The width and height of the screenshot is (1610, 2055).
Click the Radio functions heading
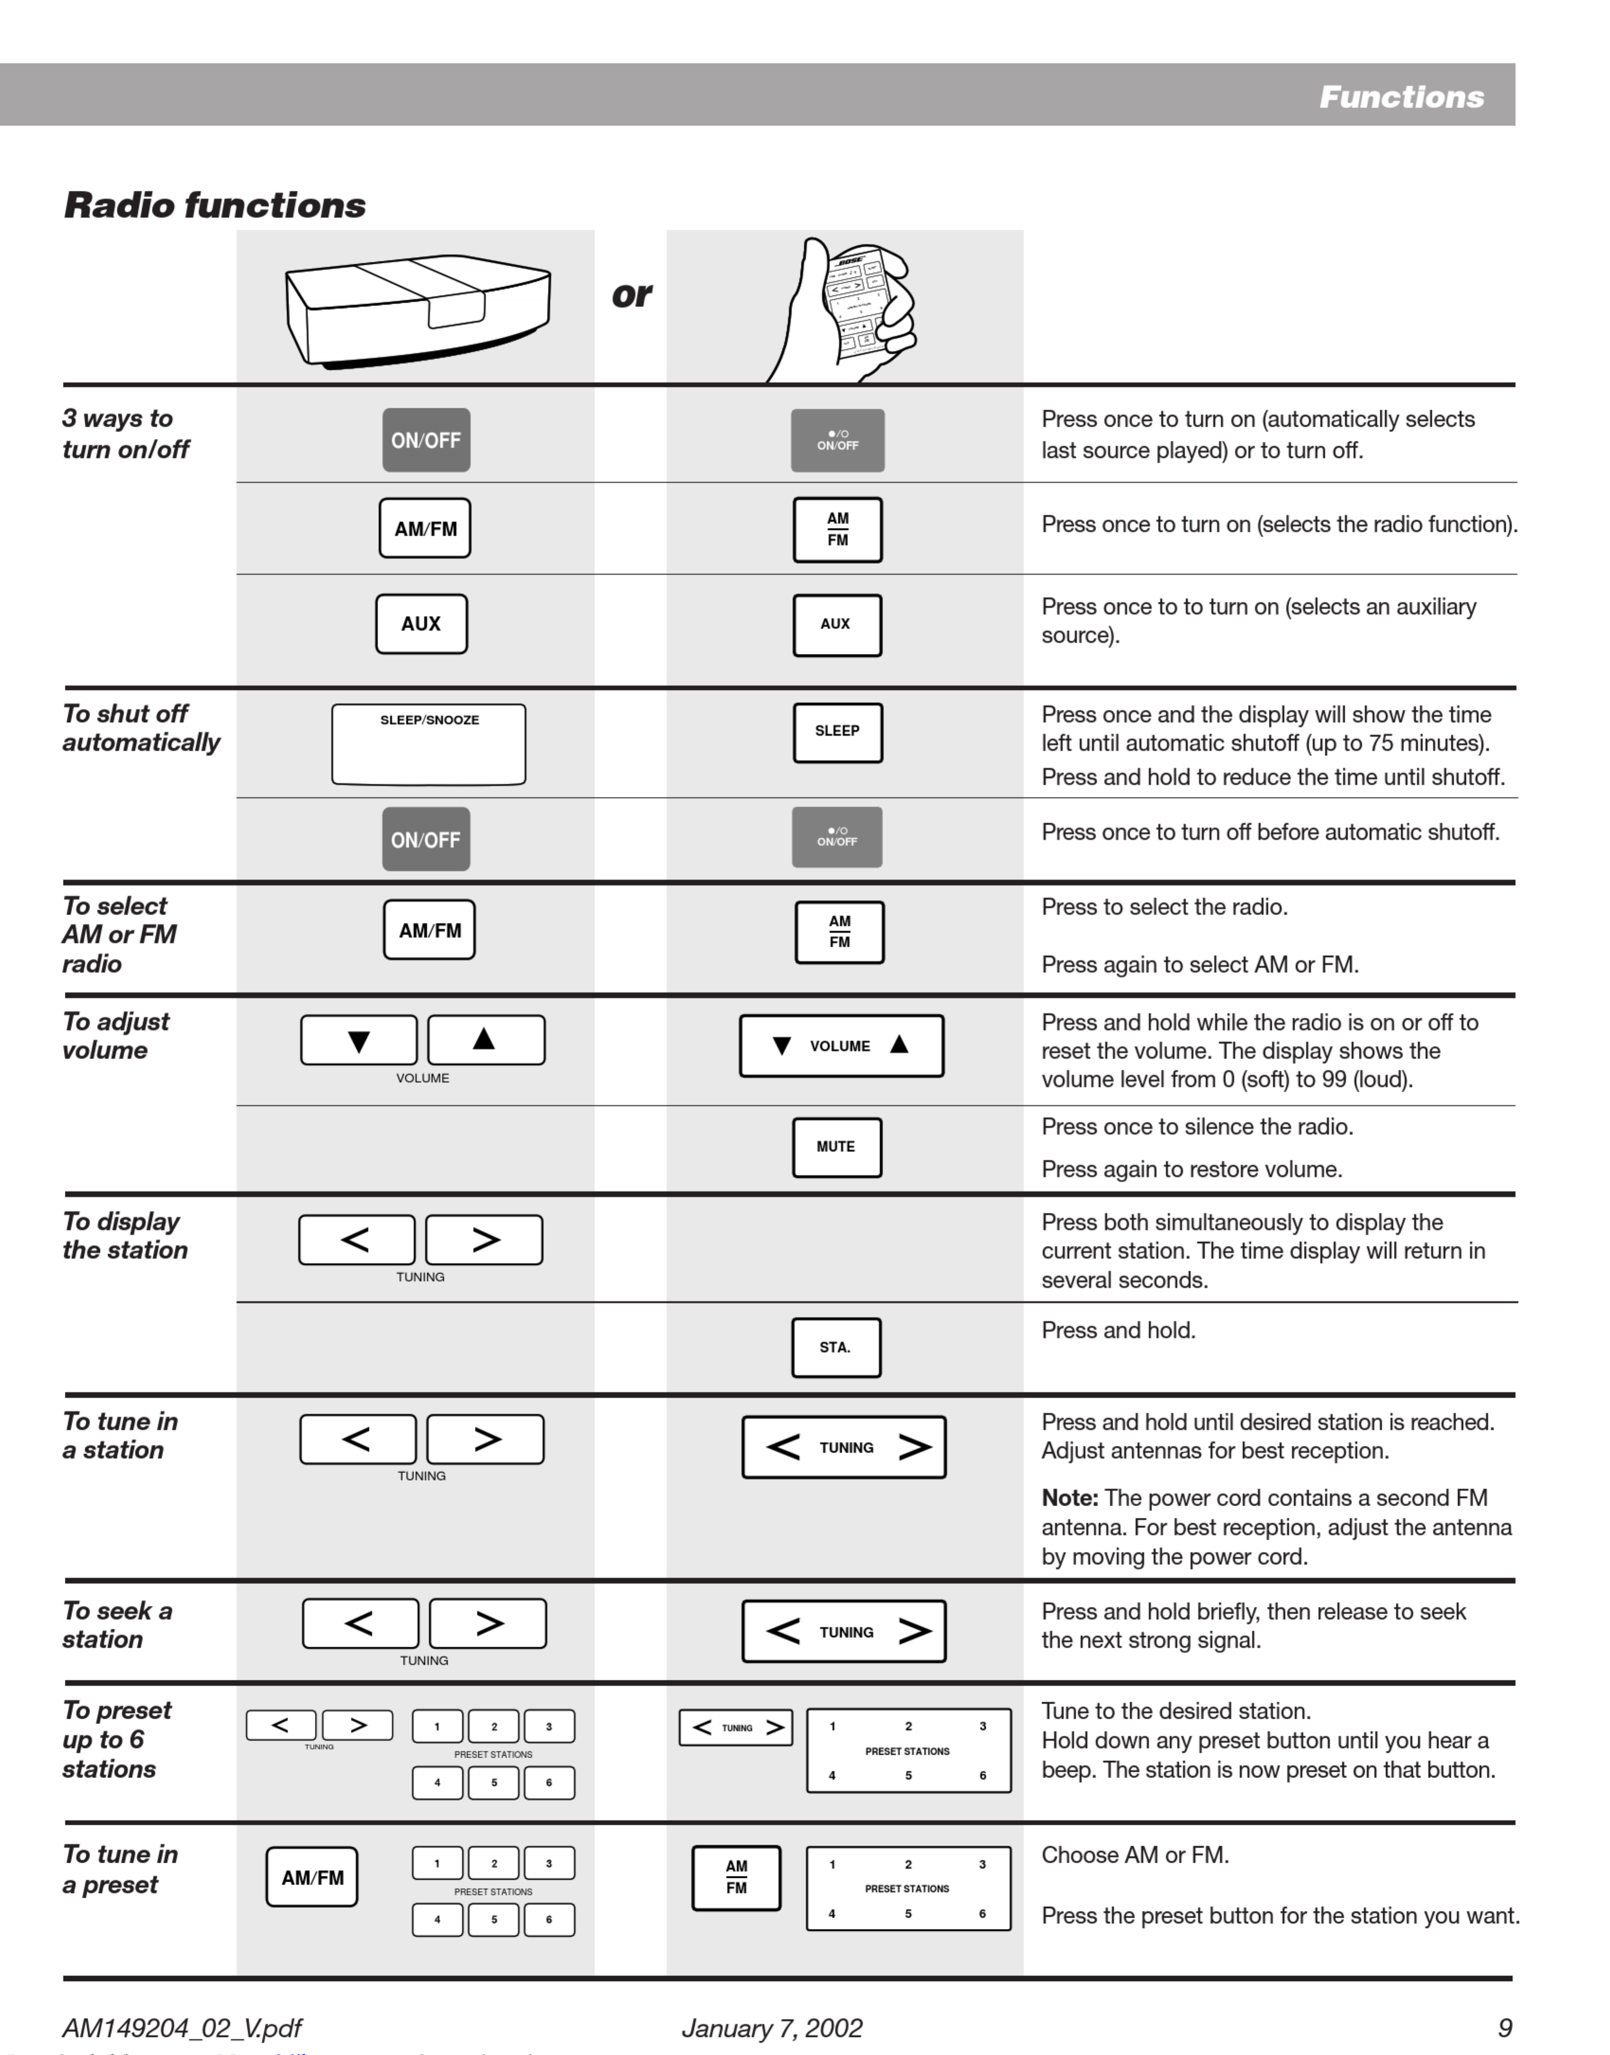(215, 205)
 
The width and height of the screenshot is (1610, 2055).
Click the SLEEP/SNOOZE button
(429, 744)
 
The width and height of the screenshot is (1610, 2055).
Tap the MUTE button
(836, 1147)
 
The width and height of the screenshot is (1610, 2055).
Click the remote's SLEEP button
(837, 732)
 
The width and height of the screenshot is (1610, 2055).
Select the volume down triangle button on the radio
(358, 1041)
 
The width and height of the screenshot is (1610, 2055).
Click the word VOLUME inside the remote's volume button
(840, 1046)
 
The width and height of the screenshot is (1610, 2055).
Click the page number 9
(1504, 2028)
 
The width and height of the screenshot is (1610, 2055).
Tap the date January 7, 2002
(772, 2028)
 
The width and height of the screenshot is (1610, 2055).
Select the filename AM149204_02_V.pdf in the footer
(182, 2028)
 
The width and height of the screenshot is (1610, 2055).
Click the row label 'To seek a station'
(117, 1625)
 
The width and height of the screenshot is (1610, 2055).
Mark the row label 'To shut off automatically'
(141, 728)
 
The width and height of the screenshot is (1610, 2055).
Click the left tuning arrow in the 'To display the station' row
(356, 1240)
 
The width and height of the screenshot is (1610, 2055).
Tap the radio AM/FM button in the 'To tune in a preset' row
(312, 1877)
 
